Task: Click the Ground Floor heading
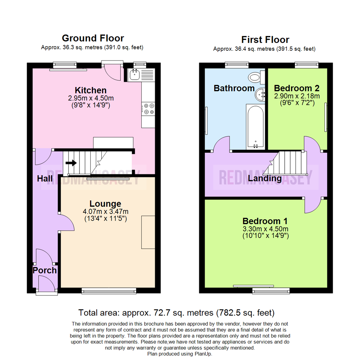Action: coord(93,38)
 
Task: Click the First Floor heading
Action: coord(265,40)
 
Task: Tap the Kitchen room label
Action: coord(91,90)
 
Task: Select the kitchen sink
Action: coord(135,75)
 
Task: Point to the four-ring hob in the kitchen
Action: coord(149,109)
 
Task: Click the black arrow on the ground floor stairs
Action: coord(71,163)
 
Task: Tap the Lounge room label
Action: coord(105,203)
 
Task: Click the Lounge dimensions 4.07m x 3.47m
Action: coord(105,211)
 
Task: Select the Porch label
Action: coord(45,270)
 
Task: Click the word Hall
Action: coord(45,179)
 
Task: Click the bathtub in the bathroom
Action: coord(255,126)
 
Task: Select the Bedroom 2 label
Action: coord(296,88)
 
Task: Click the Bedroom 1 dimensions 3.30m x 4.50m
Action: coord(265,229)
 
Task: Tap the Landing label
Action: coord(265,179)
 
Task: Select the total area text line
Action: coord(176,313)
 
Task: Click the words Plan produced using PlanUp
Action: coord(180,354)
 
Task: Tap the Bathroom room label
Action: coord(234,88)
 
